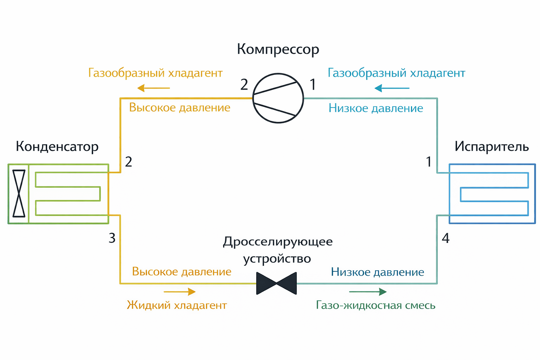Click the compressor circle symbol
pyautogui.click(x=278, y=98)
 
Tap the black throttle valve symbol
pyautogui.click(x=276, y=283)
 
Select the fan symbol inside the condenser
pyautogui.click(x=19, y=193)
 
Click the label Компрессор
pyautogui.click(x=278, y=49)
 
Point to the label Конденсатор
pyautogui.click(x=57, y=147)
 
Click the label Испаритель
pyautogui.click(x=491, y=146)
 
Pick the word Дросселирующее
pyautogui.click(x=278, y=242)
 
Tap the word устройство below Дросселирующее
pyautogui.click(x=277, y=259)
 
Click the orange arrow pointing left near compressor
pyautogui.click(x=154, y=88)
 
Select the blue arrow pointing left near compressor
pyautogui.click(x=392, y=88)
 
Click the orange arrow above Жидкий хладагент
pyautogui.click(x=180, y=291)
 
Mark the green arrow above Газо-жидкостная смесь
pyautogui.click(x=368, y=291)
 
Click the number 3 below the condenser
pyautogui.click(x=112, y=238)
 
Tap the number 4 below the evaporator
pyautogui.click(x=445, y=238)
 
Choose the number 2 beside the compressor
pyautogui.click(x=244, y=85)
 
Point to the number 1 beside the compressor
pyautogui.click(x=313, y=85)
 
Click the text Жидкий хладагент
pyautogui.click(x=177, y=305)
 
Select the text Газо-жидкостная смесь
pyautogui.click(x=375, y=305)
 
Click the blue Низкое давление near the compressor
pyautogui.click(x=375, y=108)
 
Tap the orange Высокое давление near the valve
pyautogui.click(x=181, y=272)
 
